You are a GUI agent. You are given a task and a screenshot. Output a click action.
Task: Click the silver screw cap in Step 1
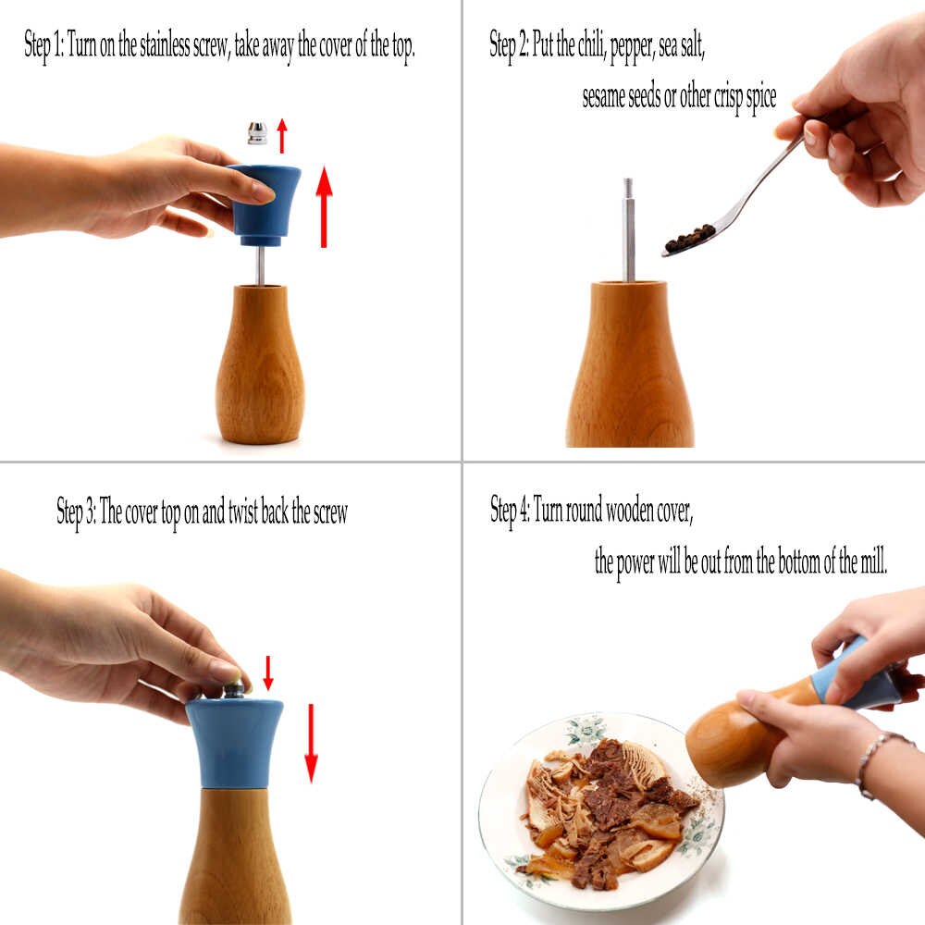click(x=256, y=132)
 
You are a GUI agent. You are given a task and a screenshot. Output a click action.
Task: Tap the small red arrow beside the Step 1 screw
click(x=282, y=136)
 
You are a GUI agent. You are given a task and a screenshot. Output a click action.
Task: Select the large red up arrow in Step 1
click(x=324, y=206)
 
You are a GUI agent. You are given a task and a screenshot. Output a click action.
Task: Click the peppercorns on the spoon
click(x=690, y=238)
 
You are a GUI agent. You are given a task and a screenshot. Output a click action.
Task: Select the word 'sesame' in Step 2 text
click(x=603, y=96)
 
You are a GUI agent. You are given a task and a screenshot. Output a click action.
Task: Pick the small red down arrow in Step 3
click(x=268, y=672)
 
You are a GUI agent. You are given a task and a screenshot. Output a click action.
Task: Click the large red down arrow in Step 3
click(x=310, y=744)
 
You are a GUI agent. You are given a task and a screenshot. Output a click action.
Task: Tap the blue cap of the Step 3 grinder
click(x=235, y=744)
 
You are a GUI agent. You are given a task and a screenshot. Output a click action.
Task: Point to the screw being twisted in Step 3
click(x=234, y=689)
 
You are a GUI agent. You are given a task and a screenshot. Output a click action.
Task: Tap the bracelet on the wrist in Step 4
click(x=872, y=763)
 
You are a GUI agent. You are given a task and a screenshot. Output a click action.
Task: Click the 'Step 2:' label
click(x=509, y=45)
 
